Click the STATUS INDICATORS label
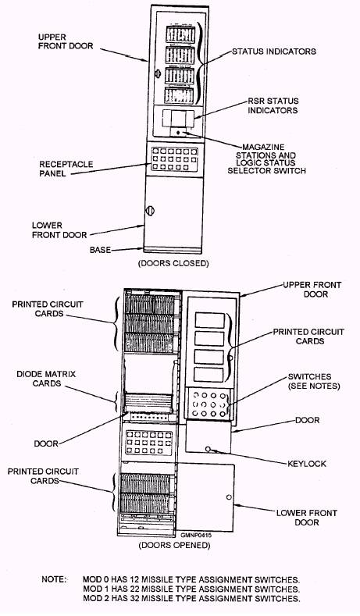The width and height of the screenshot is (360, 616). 274,52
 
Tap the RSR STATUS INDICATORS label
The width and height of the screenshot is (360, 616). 273,105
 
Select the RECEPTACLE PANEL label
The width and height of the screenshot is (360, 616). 66,169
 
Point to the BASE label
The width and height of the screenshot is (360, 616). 100,250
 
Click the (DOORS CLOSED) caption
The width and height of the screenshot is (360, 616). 173,263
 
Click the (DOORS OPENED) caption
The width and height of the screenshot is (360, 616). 174,545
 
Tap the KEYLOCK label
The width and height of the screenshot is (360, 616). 307,464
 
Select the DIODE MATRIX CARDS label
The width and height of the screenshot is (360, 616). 46,379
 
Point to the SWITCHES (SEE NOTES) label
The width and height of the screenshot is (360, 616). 314,382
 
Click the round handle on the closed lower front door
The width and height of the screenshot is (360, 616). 150,211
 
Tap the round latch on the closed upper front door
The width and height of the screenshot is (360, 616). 158,73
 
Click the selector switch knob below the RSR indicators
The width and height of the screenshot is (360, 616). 178,133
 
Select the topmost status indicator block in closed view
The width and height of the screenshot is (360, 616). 180,34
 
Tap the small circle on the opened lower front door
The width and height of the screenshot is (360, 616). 229,497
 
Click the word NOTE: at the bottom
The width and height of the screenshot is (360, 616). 54,579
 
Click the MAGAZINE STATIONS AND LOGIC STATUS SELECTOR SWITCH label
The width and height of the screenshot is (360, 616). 266,159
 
